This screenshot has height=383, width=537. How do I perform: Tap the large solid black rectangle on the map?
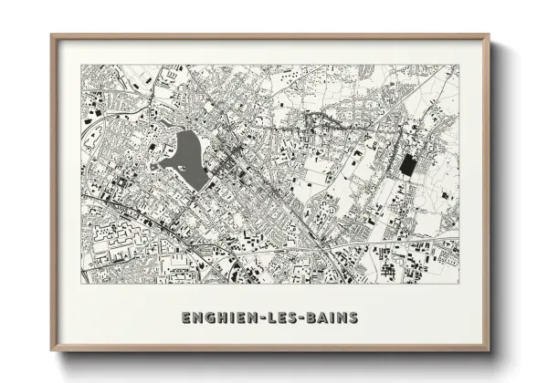[406, 165]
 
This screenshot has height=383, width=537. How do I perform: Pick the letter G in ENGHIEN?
[208, 317]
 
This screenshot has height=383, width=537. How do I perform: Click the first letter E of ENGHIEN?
[186, 317]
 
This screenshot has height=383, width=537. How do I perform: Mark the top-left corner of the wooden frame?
[51, 35]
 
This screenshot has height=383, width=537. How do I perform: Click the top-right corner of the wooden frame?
[490, 35]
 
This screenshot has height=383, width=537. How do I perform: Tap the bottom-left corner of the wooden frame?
[51, 351]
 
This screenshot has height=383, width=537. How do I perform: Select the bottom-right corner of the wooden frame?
[490, 351]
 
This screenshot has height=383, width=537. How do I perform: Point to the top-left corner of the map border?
[80, 65]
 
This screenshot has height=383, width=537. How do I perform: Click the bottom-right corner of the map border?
[459, 283]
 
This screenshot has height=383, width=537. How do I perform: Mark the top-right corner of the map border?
[459, 65]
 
